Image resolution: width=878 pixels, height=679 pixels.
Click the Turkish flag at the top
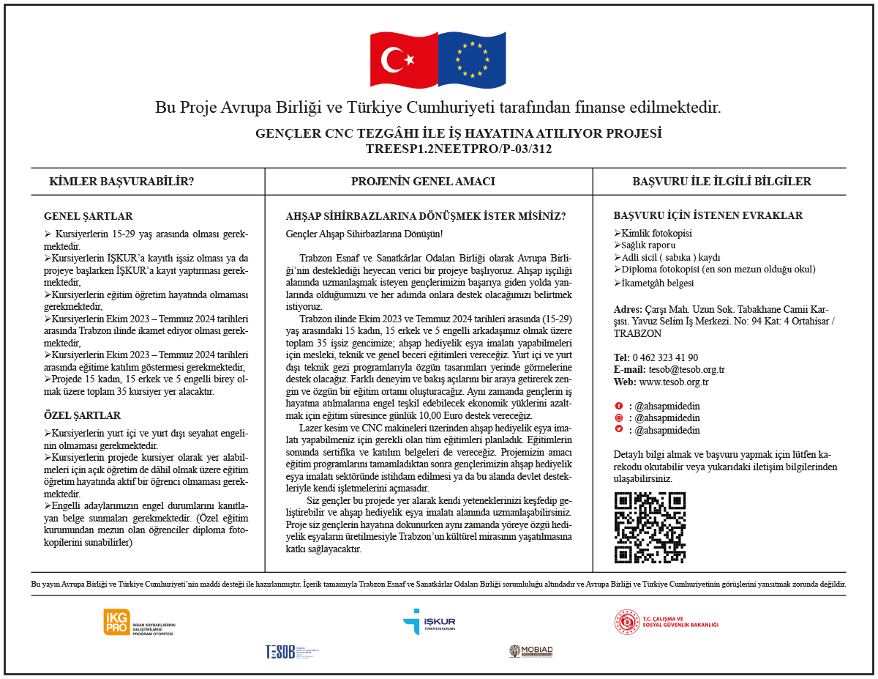[x=403, y=59]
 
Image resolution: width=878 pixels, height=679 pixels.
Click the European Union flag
[x=471, y=59]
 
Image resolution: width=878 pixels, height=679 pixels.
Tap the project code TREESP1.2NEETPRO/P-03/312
[x=458, y=149]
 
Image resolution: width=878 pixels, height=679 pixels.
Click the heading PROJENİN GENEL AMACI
[x=423, y=182]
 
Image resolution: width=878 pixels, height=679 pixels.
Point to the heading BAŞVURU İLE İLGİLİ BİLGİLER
[x=721, y=182]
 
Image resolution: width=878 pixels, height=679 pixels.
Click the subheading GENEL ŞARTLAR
[x=89, y=216]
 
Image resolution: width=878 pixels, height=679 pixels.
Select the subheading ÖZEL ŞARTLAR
[x=82, y=415]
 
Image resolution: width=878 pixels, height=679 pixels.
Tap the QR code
[x=650, y=527]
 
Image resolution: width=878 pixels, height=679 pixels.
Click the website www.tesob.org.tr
[x=674, y=382]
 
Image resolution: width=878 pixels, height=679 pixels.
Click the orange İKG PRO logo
[x=117, y=622]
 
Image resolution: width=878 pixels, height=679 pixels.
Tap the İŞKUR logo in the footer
[x=429, y=622]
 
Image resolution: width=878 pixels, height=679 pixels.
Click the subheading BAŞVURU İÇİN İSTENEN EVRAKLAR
[x=708, y=215]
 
